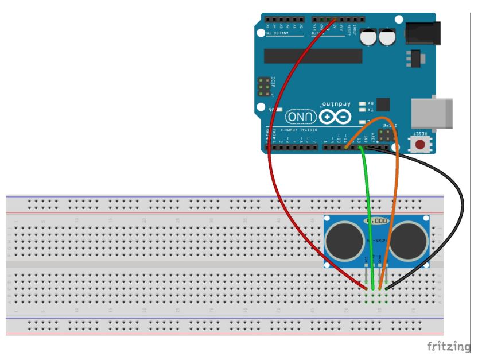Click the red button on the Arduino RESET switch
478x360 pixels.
click(x=422, y=144)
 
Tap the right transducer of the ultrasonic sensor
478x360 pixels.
click(x=410, y=238)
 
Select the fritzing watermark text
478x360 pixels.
click(x=452, y=347)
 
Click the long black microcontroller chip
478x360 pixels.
click(x=313, y=56)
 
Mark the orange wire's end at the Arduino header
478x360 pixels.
click(x=347, y=148)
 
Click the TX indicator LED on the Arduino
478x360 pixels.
click(x=362, y=109)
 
